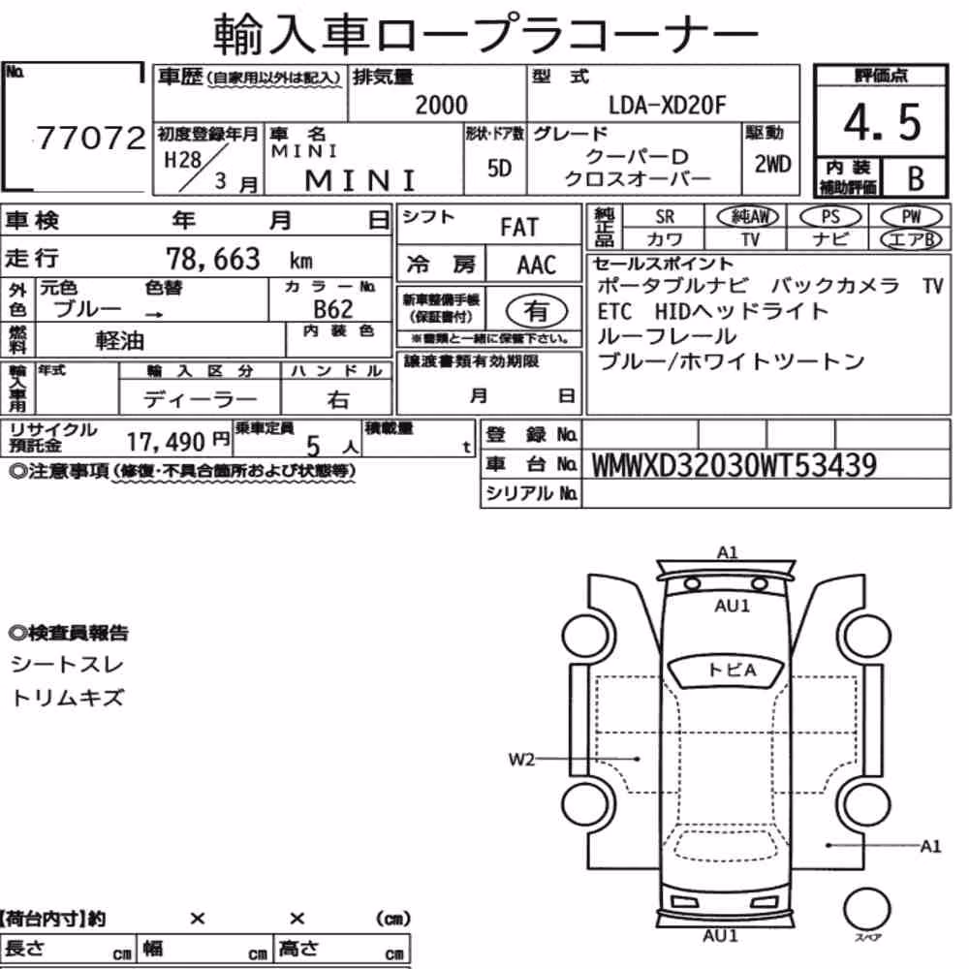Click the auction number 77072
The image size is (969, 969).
pos(91,138)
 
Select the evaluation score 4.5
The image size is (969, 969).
pos(882,122)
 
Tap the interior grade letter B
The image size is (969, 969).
pos(916,178)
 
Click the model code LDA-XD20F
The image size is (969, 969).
pos(668,106)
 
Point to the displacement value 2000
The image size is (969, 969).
pos(441,105)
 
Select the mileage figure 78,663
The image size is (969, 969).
pos(213,259)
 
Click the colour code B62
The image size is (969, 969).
pos(333,309)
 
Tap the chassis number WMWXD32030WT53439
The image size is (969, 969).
pos(735,465)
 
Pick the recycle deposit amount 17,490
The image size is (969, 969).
pos(166,442)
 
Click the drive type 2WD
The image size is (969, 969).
pos(772,165)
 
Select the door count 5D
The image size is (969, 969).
pos(499,168)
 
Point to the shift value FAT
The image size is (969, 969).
pos(519,228)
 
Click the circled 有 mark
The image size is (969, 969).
pos(537,310)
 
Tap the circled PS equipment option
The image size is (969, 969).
pos(830,217)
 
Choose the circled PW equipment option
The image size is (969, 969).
pos(911,217)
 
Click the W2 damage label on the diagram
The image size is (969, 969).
pos(521,759)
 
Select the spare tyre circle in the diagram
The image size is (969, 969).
pos(866,910)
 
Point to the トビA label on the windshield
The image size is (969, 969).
pos(732,670)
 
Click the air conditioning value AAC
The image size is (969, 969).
pos(537,266)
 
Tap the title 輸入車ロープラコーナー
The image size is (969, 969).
pos(485,34)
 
